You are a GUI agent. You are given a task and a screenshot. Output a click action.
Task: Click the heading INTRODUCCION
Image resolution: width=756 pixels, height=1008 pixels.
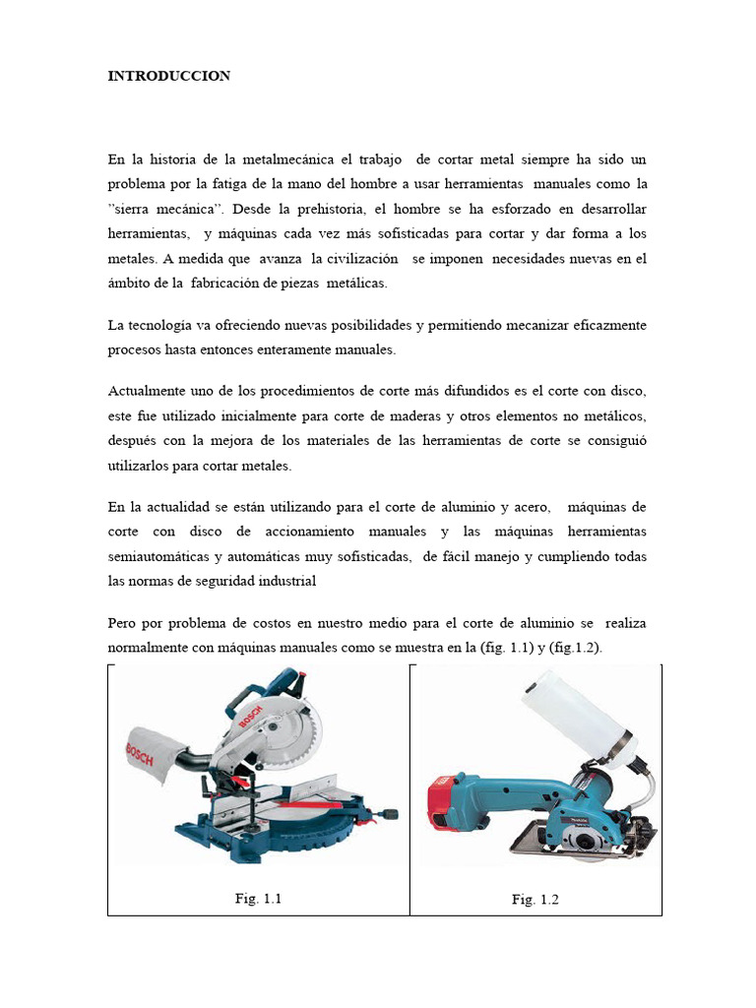[x=169, y=75]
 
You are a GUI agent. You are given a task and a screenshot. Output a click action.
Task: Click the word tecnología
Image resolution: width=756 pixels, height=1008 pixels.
[x=164, y=325]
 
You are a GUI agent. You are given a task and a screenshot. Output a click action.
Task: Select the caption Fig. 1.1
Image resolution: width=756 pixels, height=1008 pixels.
[x=259, y=898]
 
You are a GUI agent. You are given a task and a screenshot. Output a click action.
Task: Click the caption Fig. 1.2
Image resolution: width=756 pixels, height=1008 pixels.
[x=535, y=900]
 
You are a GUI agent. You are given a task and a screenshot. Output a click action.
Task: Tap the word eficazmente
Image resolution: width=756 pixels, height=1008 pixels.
[x=608, y=325]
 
